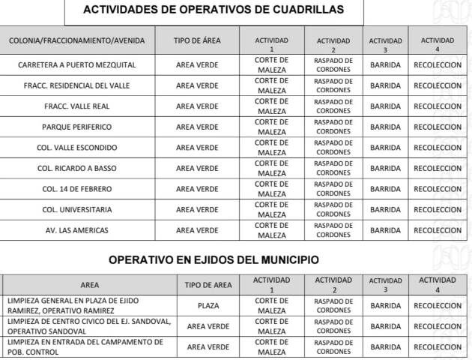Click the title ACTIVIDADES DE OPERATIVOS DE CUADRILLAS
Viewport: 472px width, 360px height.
point(214,10)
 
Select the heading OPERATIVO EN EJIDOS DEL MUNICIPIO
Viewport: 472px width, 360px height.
point(214,260)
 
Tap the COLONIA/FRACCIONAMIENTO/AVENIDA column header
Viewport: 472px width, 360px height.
point(77,40)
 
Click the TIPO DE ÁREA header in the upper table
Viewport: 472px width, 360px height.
point(197,40)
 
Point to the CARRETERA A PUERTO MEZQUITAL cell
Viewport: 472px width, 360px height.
point(77,64)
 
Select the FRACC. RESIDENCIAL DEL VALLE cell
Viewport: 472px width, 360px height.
point(77,85)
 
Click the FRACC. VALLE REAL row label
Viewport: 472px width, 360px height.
point(77,106)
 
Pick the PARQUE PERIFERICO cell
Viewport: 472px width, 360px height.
point(77,127)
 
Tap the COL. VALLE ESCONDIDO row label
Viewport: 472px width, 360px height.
point(77,148)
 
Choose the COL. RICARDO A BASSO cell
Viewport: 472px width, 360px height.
point(77,168)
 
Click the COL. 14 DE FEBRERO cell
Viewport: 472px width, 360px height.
point(77,188)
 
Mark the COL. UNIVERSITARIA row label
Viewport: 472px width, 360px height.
point(77,209)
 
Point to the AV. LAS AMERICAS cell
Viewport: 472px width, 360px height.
point(77,229)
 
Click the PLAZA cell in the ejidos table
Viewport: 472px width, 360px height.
point(208,305)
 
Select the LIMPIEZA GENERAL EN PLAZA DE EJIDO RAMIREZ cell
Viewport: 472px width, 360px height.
point(88,305)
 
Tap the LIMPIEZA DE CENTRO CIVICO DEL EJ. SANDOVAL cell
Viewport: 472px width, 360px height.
point(88,326)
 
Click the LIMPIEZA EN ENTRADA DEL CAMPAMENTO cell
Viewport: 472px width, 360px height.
point(88,346)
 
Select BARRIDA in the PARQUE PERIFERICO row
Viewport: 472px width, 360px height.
point(385,127)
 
